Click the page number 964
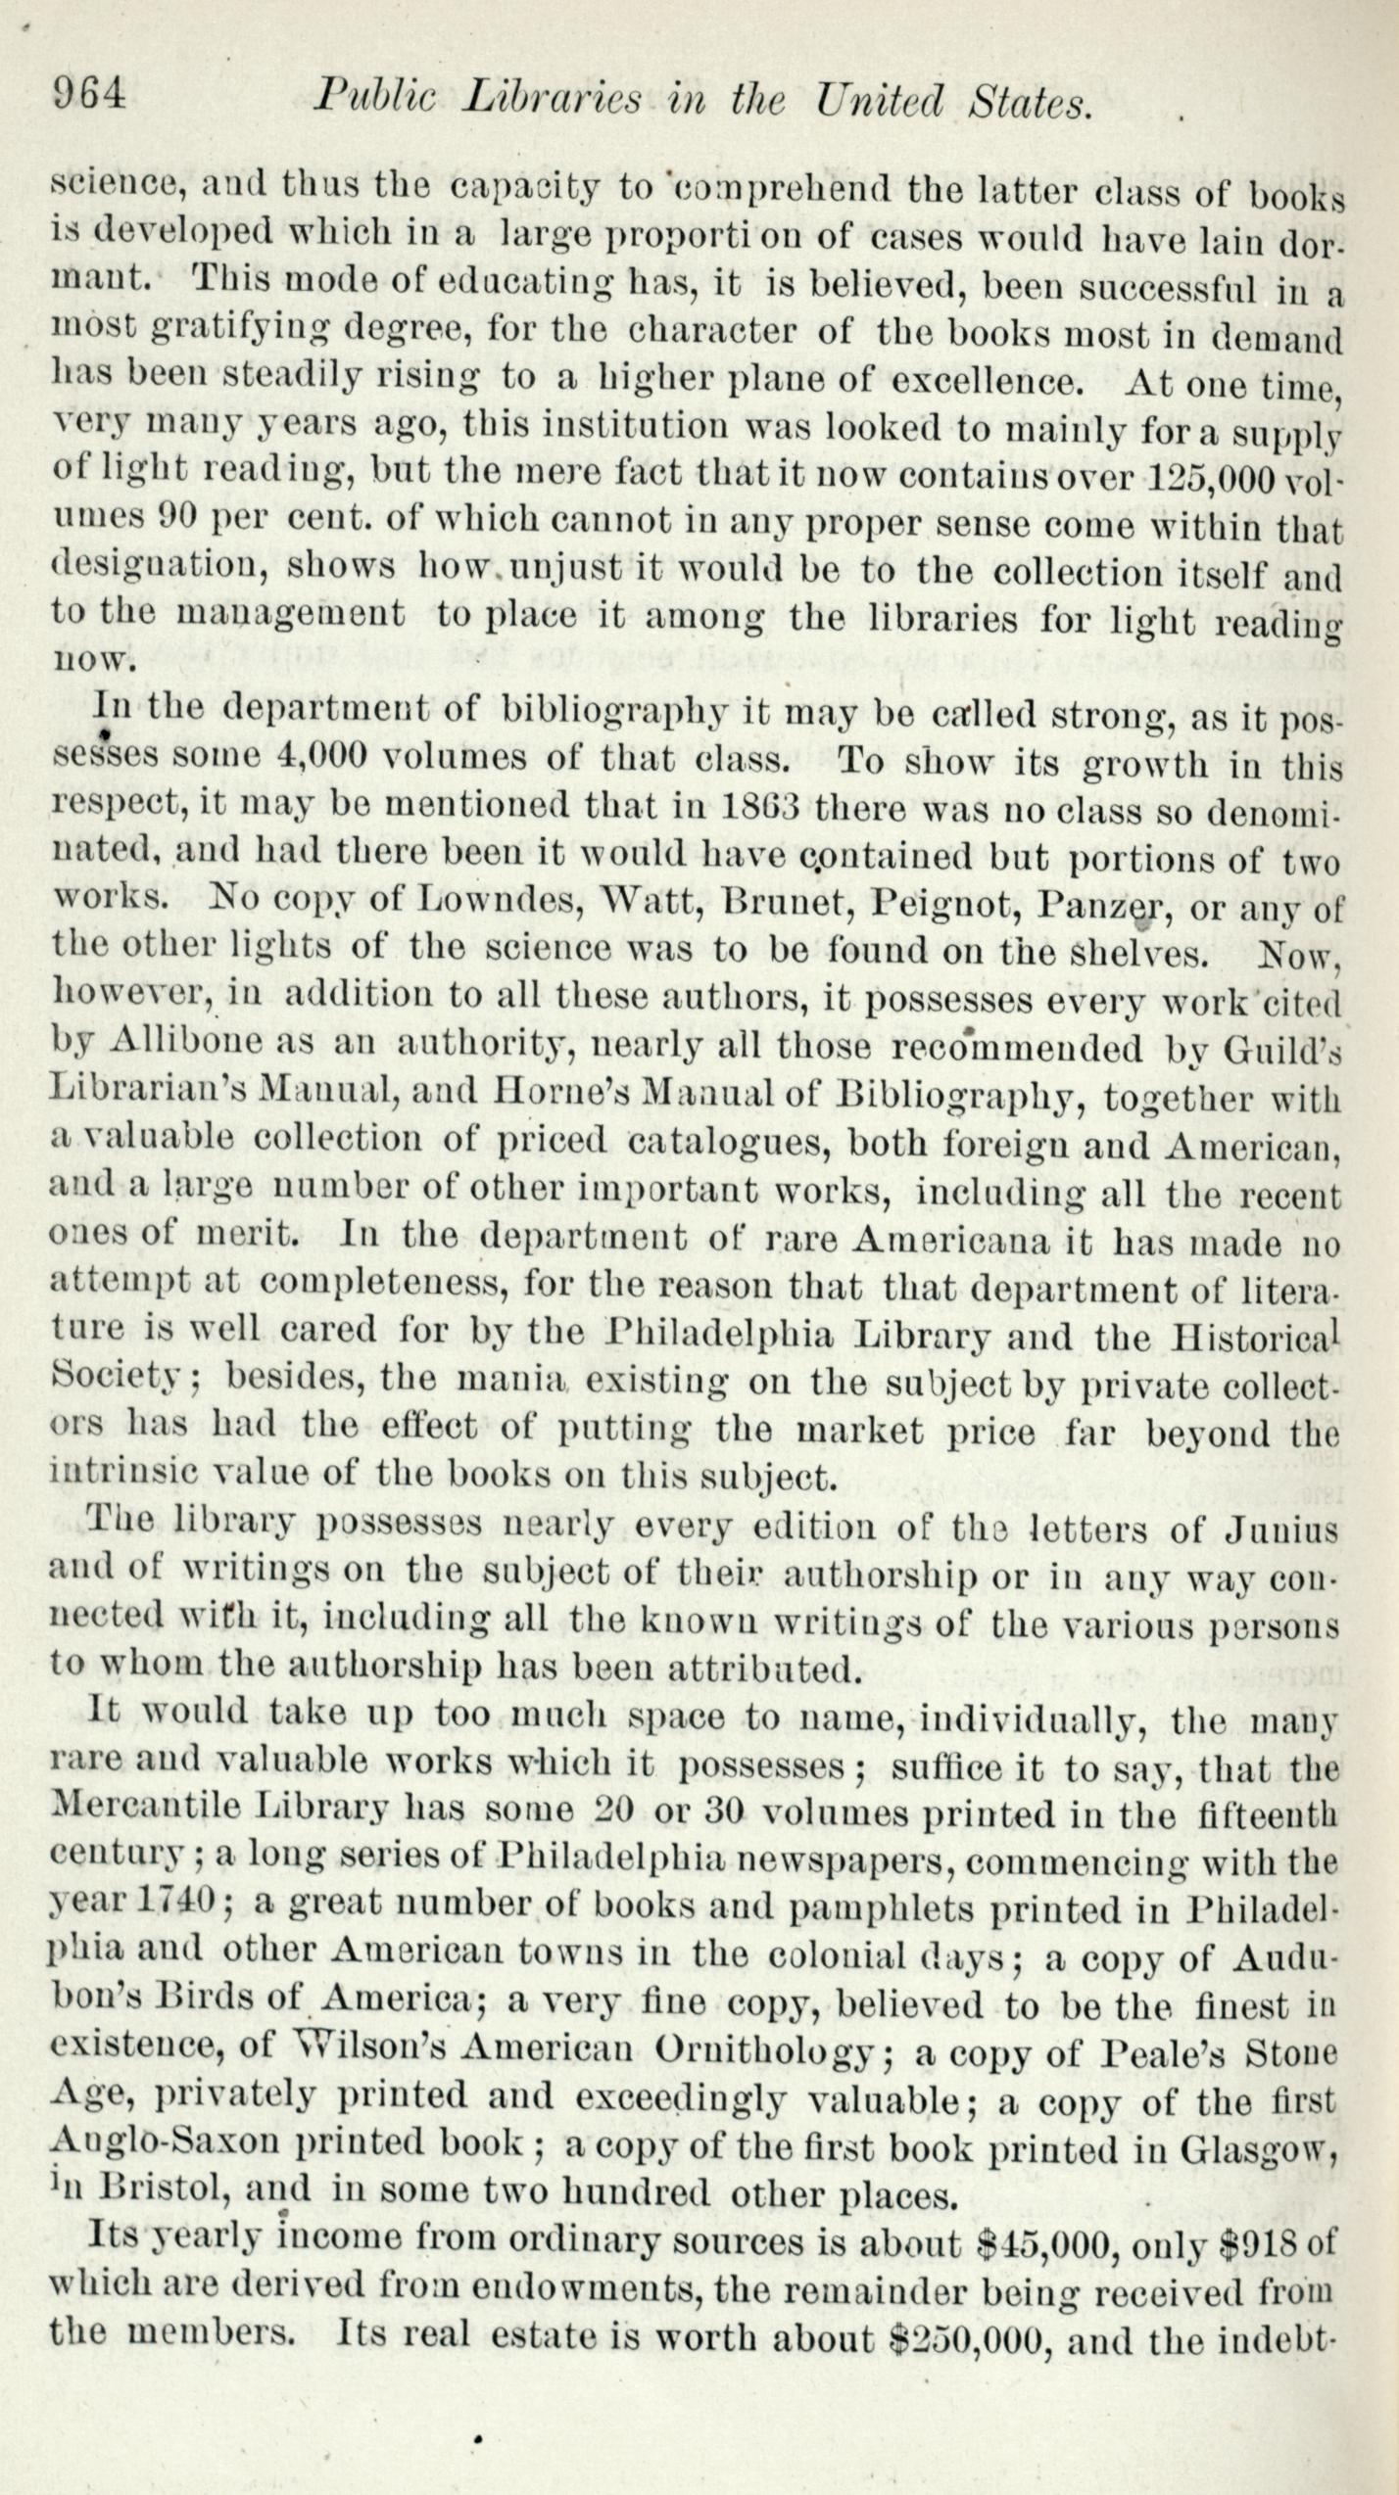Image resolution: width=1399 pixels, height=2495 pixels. [x=89, y=98]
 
